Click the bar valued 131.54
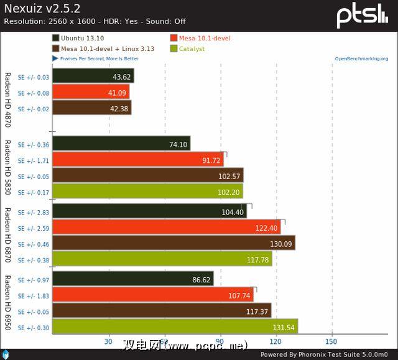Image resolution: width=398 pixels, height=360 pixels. point(175,327)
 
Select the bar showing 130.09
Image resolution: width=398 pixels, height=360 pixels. point(174,243)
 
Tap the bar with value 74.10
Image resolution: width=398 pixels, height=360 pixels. point(121,144)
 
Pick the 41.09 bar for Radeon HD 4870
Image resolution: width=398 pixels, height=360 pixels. point(91,93)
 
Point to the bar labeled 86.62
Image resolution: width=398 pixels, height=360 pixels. point(133,279)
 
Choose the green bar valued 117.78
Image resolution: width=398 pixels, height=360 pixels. point(162,260)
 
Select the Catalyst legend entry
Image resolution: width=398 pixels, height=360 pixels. point(191,48)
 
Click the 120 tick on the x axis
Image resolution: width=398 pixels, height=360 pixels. point(275,341)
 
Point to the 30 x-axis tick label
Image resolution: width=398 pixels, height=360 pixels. point(108,341)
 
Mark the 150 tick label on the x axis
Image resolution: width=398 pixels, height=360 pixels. point(331,341)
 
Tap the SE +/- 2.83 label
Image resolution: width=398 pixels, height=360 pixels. point(34,212)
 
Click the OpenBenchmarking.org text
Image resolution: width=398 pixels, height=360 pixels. point(361,59)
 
